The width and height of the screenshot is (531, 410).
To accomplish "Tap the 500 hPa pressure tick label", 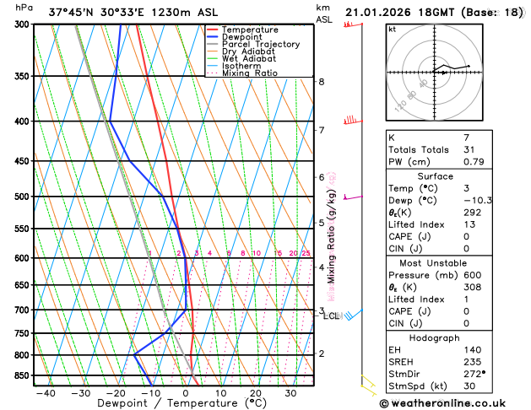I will tap(22, 197).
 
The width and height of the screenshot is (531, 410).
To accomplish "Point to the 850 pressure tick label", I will tap(22, 375).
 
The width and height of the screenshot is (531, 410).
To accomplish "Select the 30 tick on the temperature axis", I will tap(290, 393).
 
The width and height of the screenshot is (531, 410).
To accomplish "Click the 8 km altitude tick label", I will tap(321, 82).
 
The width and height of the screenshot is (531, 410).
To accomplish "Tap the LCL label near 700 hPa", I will tap(331, 316).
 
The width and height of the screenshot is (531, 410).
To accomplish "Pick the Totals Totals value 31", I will tap(469, 149).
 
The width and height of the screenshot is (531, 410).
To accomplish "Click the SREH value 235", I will tap(471, 361).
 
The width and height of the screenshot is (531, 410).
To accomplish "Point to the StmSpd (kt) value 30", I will tap(469, 386).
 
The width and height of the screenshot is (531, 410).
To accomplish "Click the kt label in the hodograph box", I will tap(393, 29).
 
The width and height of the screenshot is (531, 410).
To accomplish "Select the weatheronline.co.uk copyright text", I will tap(452, 403).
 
